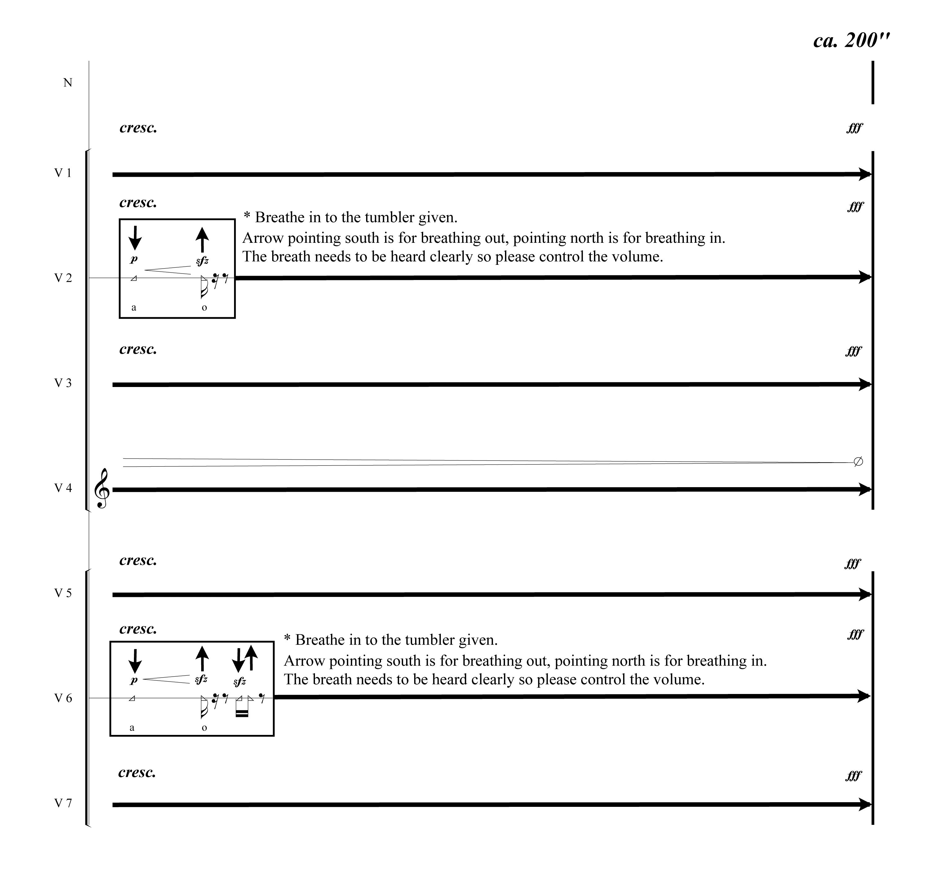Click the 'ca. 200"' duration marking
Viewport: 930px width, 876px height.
(851, 40)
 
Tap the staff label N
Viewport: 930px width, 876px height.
(68, 83)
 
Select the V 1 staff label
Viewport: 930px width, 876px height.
(63, 173)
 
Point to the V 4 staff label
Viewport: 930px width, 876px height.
(63, 488)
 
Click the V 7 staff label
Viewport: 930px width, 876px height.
(63, 803)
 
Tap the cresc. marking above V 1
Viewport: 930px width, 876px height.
(138, 128)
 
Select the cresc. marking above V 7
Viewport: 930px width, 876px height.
(137, 772)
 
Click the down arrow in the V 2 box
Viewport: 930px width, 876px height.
(135, 238)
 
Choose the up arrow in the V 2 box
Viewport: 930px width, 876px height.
(202, 240)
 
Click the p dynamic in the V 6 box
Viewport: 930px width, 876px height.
(134, 680)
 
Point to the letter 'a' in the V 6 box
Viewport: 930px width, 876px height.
(132, 728)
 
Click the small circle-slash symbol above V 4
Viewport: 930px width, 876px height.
(858, 462)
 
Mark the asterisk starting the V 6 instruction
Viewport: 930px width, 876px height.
(287, 638)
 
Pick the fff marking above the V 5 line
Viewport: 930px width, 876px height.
(852, 563)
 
